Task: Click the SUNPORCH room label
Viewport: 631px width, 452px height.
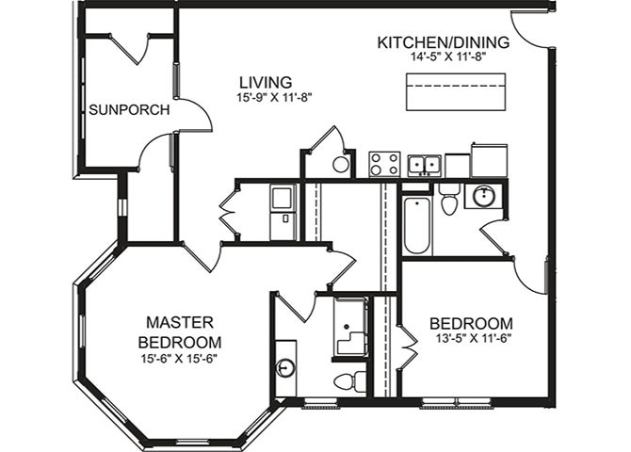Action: [129, 110]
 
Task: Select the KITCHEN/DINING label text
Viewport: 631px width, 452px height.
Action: [443, 42]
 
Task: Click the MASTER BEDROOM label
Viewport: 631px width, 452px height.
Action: [179, 331]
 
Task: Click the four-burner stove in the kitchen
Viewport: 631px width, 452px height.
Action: [384, 164]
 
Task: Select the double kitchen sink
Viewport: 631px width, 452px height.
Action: [425, 165]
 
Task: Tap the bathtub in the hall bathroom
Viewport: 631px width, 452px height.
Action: [416, 225]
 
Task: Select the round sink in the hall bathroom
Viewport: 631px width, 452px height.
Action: [485, 197]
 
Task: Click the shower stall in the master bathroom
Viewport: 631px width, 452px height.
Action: [351, 327]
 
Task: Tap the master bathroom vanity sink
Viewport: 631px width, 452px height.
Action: [285, 367]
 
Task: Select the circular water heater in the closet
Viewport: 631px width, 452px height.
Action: [341, 165]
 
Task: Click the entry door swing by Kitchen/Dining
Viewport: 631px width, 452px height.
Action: [527, 28]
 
